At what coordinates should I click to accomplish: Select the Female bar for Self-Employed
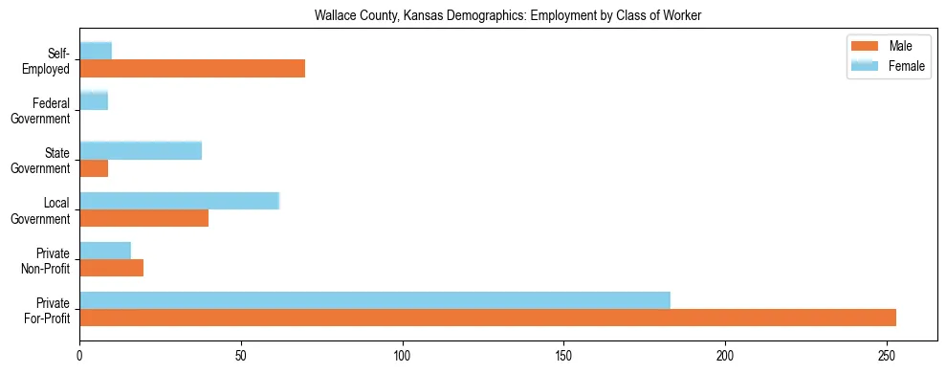(x=96, y=51)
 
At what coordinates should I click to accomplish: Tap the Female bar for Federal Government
(x=94, y=100)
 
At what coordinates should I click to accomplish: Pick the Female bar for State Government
(x=141, y=150)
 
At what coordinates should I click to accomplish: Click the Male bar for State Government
(x=94, y=168)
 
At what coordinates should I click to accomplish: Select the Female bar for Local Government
(x=179, y=200)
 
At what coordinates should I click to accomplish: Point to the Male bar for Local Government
(x=143, y=218)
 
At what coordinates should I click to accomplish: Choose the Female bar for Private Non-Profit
(x=105, y=251)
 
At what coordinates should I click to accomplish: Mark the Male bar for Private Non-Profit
(x=111, y=269)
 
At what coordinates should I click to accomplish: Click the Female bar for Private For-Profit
(x=375, y=300)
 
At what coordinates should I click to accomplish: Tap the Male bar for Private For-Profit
(x=488, y=318)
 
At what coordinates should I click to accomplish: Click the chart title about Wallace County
(x=509, y=15)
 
